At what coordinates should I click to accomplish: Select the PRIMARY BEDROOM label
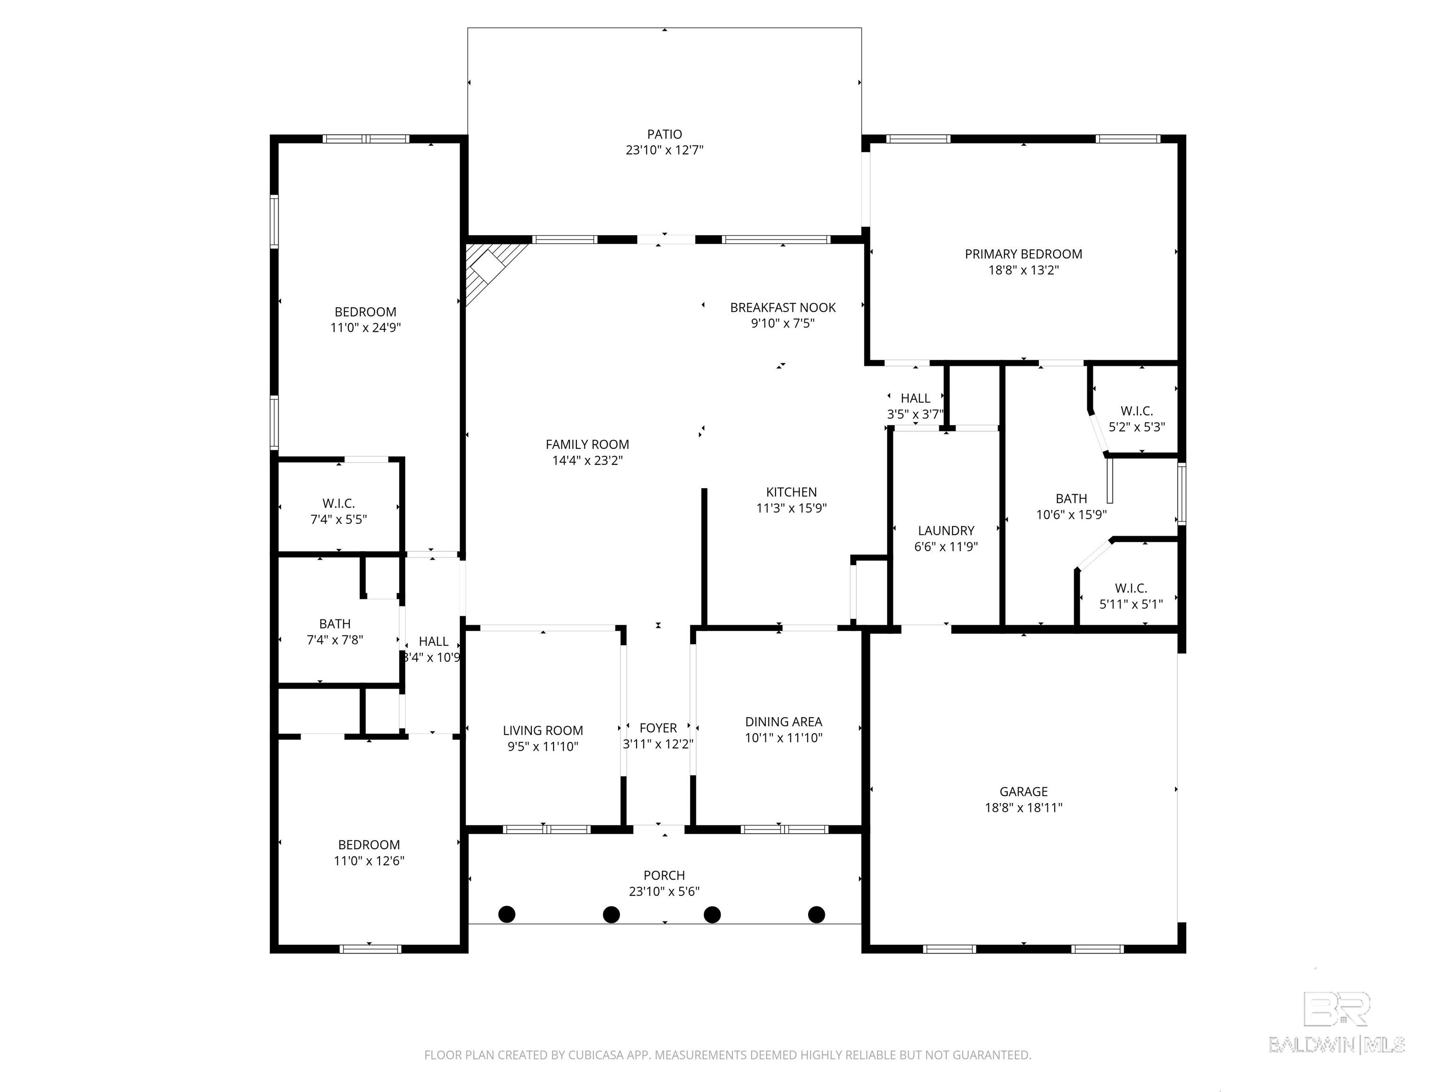point(1024,254)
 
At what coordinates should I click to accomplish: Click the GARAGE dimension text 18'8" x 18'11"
point(1024,808)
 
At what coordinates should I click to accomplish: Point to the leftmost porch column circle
point(507,914)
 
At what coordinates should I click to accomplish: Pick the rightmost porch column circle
point(817,914)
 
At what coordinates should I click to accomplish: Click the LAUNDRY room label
point(946,530)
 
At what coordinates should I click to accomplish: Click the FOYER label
point(658,728)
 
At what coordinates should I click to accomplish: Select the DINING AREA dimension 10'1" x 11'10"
point(783,738)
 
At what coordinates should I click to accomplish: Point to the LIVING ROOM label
point(543,731)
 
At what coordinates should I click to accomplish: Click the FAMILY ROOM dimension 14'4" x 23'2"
point(587,461)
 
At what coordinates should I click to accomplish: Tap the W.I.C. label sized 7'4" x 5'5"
point(338,503)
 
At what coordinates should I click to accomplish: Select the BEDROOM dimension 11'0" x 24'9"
point(365,328)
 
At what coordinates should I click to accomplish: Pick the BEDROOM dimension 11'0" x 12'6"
point(369,861)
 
